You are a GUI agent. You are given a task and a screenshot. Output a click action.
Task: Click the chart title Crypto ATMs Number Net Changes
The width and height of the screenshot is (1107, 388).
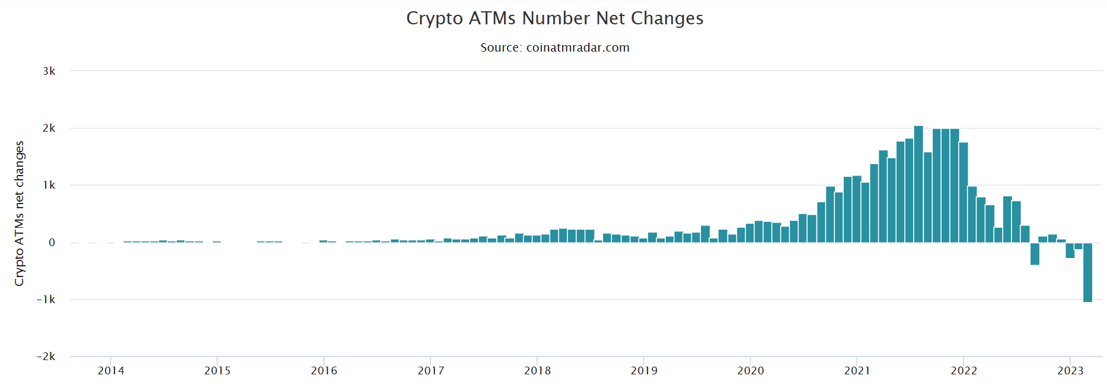click(554, 18)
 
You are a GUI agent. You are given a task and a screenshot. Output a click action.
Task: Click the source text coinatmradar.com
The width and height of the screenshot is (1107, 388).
click(578, 47)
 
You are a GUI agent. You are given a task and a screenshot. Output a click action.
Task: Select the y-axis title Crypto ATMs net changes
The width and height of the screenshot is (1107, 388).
click(20, 214)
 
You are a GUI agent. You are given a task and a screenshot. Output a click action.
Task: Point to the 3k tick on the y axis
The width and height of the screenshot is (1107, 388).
click(49, 71)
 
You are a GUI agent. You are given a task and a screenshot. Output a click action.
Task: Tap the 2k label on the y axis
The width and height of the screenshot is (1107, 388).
click(49, 128)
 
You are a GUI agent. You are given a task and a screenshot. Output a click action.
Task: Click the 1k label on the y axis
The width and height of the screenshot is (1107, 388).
click(49, 185)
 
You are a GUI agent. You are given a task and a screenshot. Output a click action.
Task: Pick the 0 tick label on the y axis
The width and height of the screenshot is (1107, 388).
click(52, 243)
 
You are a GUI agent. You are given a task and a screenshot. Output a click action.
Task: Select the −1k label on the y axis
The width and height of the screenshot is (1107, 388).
click(46, 300)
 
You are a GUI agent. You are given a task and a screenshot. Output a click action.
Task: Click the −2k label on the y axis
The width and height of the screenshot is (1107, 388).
click(46, 357)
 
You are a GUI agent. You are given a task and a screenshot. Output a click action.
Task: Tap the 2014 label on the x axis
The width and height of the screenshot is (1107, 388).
click(111, 371)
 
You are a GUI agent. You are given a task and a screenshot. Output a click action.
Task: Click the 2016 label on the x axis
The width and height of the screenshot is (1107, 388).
click(324, 371)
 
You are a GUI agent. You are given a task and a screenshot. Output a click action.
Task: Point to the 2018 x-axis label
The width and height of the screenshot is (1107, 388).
click(537, 371)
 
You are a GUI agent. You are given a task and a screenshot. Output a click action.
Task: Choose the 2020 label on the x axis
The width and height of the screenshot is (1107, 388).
click(750, 371)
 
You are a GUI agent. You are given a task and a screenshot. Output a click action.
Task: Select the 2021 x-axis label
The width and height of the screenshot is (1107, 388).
click(857, 371)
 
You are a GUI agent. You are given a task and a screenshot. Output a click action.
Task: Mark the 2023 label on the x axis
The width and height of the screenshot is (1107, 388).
click(1070, 371)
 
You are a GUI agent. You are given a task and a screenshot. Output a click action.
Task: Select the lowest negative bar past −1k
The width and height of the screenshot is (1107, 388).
click(1087, 272)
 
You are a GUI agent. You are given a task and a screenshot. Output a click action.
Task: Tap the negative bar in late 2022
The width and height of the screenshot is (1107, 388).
click(1035, 253)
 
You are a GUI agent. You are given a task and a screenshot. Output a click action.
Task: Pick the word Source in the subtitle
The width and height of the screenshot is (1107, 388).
click(500, 47)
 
